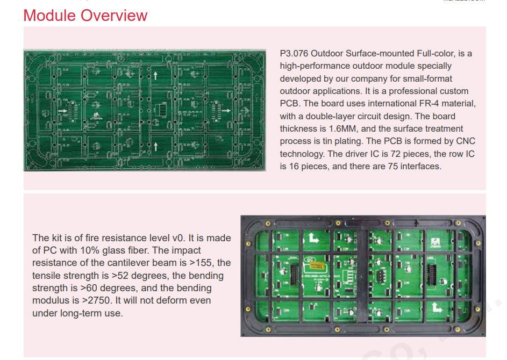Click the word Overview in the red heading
pos(114,16)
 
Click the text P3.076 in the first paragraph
pos(294,53)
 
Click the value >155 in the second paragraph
pos(201,263)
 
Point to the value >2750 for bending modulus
pos(96,300)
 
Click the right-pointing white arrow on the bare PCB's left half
pos(62,111)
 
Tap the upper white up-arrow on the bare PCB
pos(155,76)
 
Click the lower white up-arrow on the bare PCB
pos(155,146)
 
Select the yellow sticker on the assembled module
pos(316,266)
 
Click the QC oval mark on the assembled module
pos(309,259)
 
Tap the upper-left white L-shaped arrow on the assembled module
pos(313,238)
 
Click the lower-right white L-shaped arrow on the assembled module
pos(437,307)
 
